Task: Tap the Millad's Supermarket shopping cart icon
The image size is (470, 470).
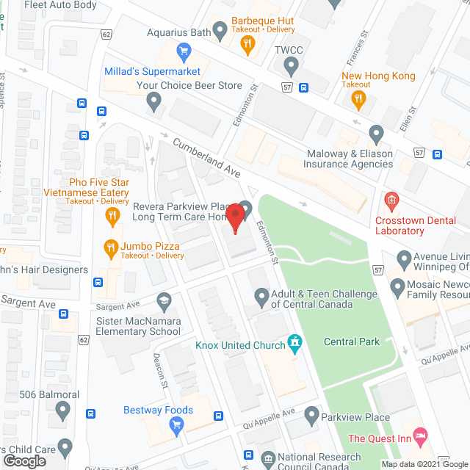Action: tap(183, 51)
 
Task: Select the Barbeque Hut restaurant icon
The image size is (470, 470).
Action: tap(249, 44)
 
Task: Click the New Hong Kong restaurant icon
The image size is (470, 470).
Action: tap(360, 99)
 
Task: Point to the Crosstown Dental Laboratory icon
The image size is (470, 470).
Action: tap(391, 199)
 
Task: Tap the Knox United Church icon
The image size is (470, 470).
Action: tap(295, 342)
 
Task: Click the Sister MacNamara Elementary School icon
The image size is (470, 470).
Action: tap(163, 299)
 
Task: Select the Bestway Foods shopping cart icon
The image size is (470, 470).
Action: tap(176, 424)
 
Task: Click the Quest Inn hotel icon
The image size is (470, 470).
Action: tap(419, 436)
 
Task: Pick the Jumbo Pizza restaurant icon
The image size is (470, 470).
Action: tap(111, 246)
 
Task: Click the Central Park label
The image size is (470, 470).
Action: tap(352, 341)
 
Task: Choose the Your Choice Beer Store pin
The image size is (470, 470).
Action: tap(153, 102)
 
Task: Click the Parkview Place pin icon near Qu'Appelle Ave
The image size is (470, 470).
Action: tap(311, 415)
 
